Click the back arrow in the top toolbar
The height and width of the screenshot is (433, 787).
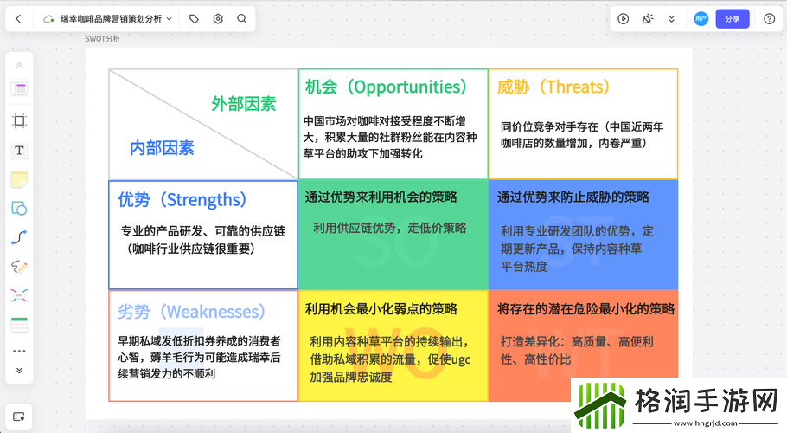(18, 19)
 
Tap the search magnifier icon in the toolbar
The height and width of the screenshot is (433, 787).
(242, 18)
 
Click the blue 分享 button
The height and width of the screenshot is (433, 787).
(733, 19)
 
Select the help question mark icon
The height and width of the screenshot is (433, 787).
(769, 19)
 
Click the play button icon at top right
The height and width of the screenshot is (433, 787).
(623, 19)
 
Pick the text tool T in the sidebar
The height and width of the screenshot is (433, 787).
(19, 150)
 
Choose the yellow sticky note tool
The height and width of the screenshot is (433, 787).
(19, 179)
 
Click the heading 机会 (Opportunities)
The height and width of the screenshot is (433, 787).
(386, 87)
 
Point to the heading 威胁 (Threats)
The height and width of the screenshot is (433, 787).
(553, 87)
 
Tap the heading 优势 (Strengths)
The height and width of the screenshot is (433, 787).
(182, 199)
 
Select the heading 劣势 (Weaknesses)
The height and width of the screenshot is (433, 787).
(191, 312)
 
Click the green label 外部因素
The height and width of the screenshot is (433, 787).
(244, 104)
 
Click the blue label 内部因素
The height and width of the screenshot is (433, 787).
(162, 148)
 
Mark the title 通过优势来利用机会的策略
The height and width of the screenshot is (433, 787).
(381, 197)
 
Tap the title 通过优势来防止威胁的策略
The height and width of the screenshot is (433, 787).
(573, 197)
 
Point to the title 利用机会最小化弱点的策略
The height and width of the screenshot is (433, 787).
(381, 309)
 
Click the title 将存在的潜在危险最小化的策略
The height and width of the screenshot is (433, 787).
(585, 309)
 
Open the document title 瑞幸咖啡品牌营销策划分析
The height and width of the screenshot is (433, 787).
(111, 19)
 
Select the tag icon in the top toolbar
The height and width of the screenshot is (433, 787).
(194, 19)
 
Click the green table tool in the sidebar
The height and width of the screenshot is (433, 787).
(19, 325)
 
